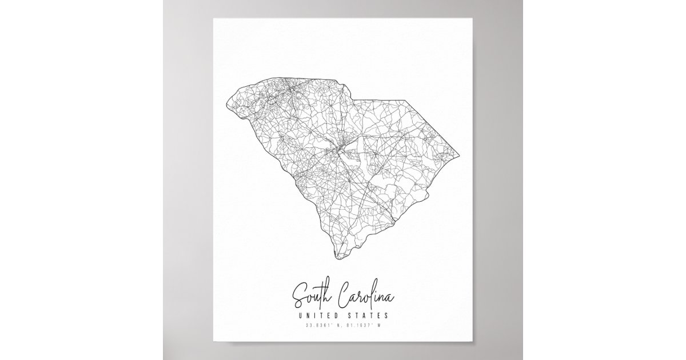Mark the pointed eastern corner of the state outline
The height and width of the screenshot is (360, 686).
pos(461,155)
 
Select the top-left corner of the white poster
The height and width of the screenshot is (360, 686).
pos(214,18)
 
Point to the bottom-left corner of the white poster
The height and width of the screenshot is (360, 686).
pos(214,342)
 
